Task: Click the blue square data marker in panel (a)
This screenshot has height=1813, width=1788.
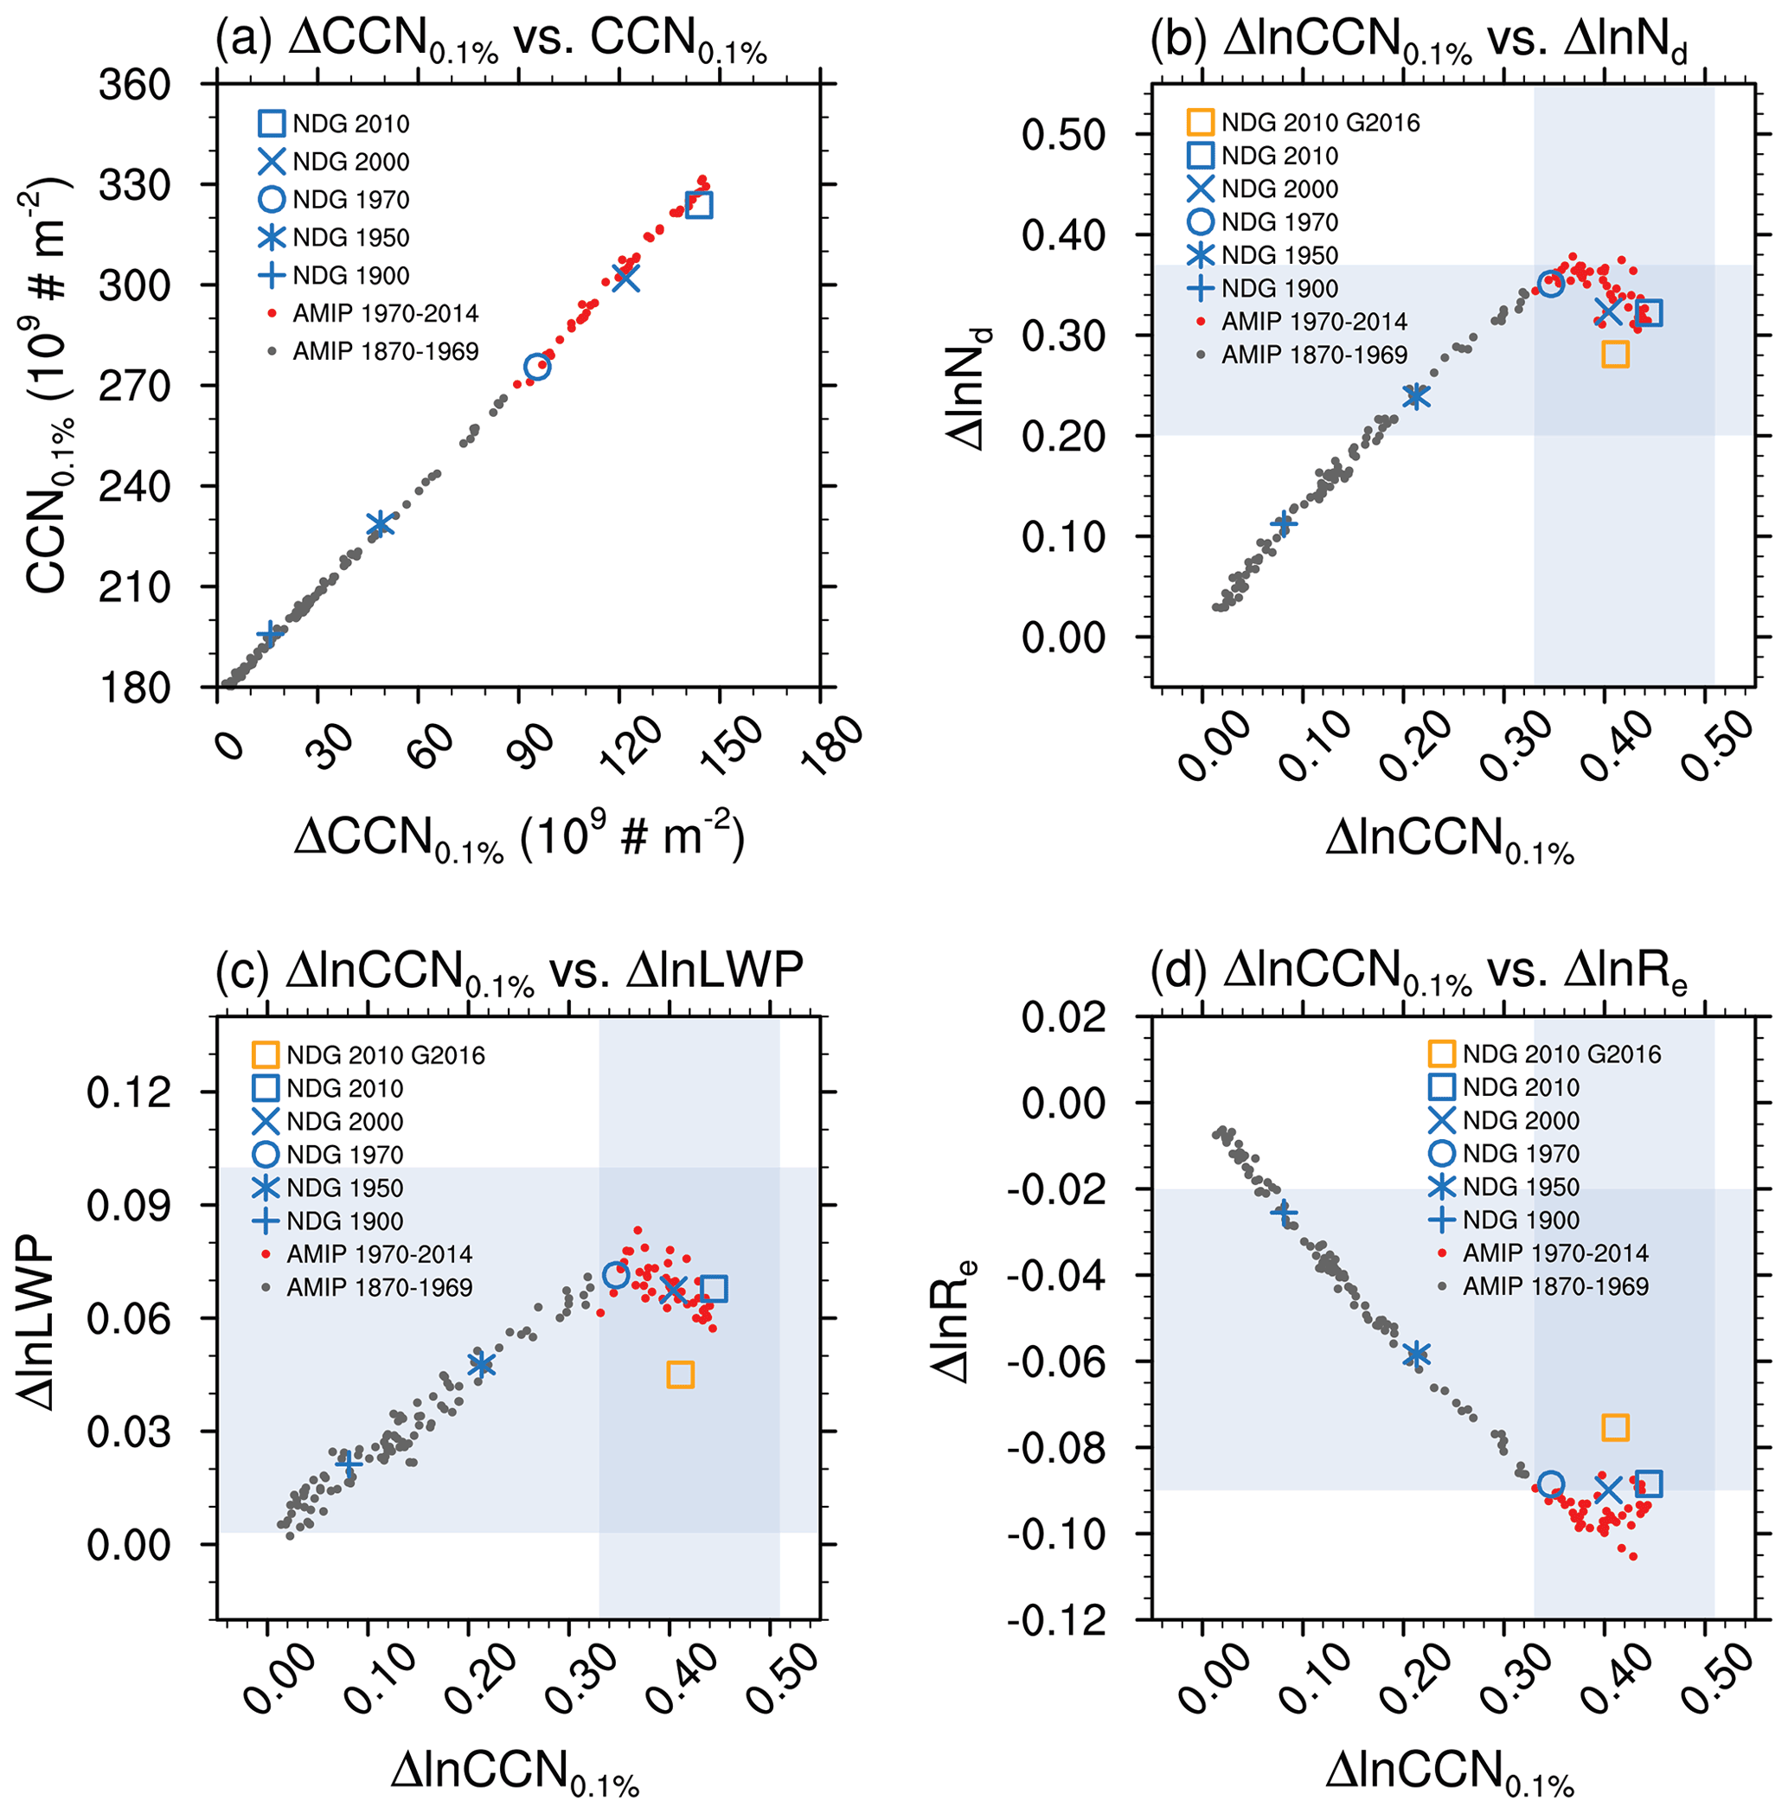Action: click(x=699, y=205)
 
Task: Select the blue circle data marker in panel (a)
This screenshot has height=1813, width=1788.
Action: click(x=537, y=367)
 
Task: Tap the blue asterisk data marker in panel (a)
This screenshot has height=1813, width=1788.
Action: click(x=379, y=524)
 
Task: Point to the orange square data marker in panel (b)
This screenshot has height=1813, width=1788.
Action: click(x=1615, y=354)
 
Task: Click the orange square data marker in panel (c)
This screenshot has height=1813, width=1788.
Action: click(x=681, y=1374)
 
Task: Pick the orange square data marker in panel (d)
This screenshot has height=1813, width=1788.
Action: click(x=1615, y=1428)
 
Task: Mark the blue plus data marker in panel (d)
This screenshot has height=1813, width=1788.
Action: click(x=1284, y=1214)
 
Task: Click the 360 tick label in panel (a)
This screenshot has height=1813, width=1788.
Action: click(x=135, y=86)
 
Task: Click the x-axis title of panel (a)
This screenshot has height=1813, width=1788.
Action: click(x=519, y=838)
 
